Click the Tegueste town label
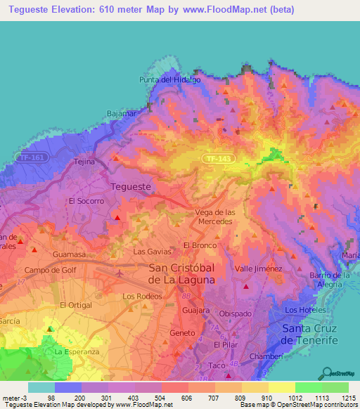131,186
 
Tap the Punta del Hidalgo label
169,80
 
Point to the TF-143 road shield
217,160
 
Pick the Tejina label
84,162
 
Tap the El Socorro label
86,201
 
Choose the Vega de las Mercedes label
214,216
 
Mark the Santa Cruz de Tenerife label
309,335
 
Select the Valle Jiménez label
258,268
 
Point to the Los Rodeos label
138,297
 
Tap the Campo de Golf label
47,270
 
